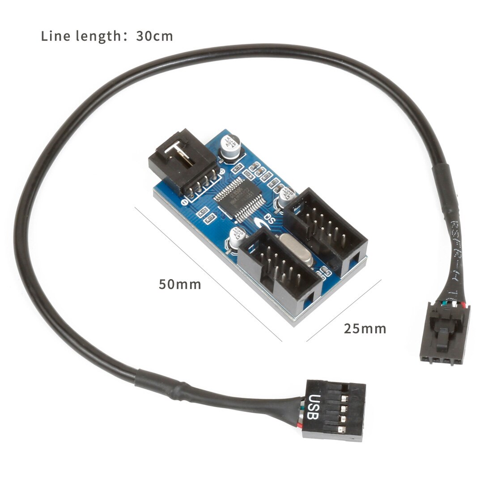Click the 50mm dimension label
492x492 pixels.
[180, 284]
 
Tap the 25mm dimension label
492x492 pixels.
[365, 329]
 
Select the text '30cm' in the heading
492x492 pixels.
[154, 36]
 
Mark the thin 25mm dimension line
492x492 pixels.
[344, 310]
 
